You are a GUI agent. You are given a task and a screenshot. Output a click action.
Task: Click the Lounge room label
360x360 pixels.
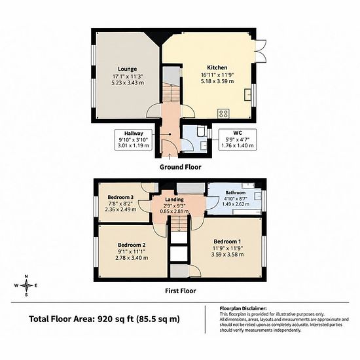click(128, 69)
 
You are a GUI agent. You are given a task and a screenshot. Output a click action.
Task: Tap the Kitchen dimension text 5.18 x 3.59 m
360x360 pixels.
click(217, 81)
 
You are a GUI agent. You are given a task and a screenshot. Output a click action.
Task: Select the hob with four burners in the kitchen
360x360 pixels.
click(223, 114)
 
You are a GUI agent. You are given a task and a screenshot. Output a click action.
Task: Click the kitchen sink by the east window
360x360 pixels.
click(247, 94)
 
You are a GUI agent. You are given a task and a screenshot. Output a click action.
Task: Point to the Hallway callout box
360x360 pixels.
click(134, 139)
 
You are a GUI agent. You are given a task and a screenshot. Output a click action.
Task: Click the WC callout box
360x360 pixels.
click(238, 139)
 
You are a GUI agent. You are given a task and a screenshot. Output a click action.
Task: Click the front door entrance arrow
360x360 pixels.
click(170, 156)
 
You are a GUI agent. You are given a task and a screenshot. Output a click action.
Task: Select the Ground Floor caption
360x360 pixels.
click(181, 167)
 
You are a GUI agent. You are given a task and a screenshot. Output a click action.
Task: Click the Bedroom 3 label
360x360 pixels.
click(120, 197)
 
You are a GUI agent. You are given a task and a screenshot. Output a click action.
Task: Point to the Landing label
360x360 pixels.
click(175, 200)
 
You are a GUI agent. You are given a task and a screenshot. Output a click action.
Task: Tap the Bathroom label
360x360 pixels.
click(236, 192)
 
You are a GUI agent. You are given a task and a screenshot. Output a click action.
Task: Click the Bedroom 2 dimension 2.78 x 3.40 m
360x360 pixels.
click(132, 258)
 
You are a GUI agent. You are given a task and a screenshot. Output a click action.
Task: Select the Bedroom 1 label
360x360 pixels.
click(227, 242)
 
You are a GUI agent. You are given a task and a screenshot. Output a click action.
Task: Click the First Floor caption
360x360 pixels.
click(181, 291)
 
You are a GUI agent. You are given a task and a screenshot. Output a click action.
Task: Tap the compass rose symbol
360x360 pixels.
click(26, 285)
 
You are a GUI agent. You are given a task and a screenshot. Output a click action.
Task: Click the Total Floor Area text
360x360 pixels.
click(105, 319)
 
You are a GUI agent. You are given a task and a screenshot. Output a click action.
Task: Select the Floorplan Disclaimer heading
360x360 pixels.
click(243, 308)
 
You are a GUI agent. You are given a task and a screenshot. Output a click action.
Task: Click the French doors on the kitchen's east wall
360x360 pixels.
click(261, 51)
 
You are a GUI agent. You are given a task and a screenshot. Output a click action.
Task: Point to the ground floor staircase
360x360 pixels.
click(171, 93)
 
